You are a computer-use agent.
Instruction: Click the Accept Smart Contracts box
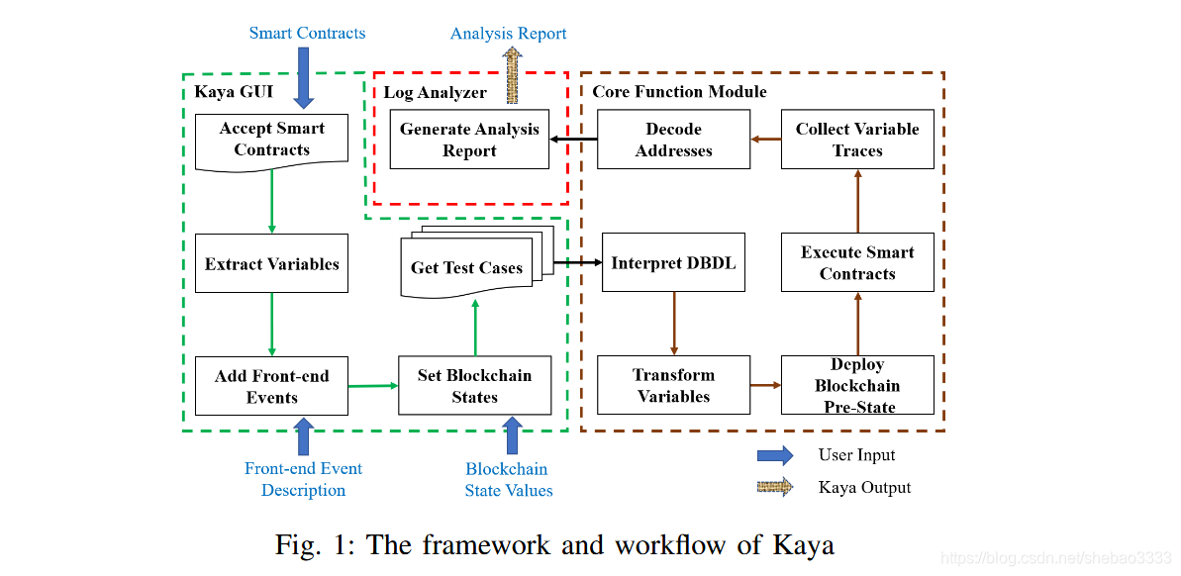point(271,140)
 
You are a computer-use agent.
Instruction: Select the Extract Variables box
point(271,263)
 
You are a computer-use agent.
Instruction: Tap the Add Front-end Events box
point(271,386)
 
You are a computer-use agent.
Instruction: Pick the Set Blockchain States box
point(474,386)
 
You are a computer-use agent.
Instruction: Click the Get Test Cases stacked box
point(466,267)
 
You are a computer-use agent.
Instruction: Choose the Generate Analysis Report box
point(469,140)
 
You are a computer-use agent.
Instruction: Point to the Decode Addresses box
point(673,140)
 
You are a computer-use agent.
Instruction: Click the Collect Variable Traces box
point(857,140)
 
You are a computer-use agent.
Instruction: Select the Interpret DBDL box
point(673,262)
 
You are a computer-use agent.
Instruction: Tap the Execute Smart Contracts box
point(857,262)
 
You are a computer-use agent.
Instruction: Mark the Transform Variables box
point(673,385)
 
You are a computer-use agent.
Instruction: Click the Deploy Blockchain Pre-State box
point(857,385)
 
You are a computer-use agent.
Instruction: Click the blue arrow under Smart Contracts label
point(304,77)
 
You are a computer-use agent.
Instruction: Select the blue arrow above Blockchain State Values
point(512,435)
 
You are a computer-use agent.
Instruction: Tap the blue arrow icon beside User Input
point(775,455)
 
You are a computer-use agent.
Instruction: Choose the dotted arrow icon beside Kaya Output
point(775,487)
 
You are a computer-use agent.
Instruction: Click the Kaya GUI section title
point(234,92)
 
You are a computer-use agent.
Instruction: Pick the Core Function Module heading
point(679,92)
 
